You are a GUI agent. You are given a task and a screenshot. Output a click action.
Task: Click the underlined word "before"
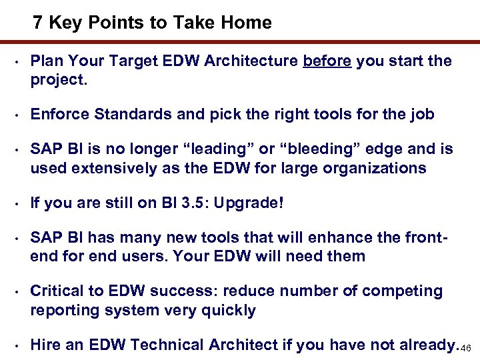(x=327, y=62)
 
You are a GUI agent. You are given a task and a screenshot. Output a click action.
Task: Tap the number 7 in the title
(x=38, y=23)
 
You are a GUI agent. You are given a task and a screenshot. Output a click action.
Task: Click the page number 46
(x=467, y=349)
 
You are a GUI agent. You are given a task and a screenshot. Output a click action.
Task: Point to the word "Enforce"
(x=60, y=115)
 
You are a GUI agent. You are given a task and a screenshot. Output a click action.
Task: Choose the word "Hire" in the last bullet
(x=46, y=345)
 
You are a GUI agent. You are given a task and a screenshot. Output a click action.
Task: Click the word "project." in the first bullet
(x=59, y=80)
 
